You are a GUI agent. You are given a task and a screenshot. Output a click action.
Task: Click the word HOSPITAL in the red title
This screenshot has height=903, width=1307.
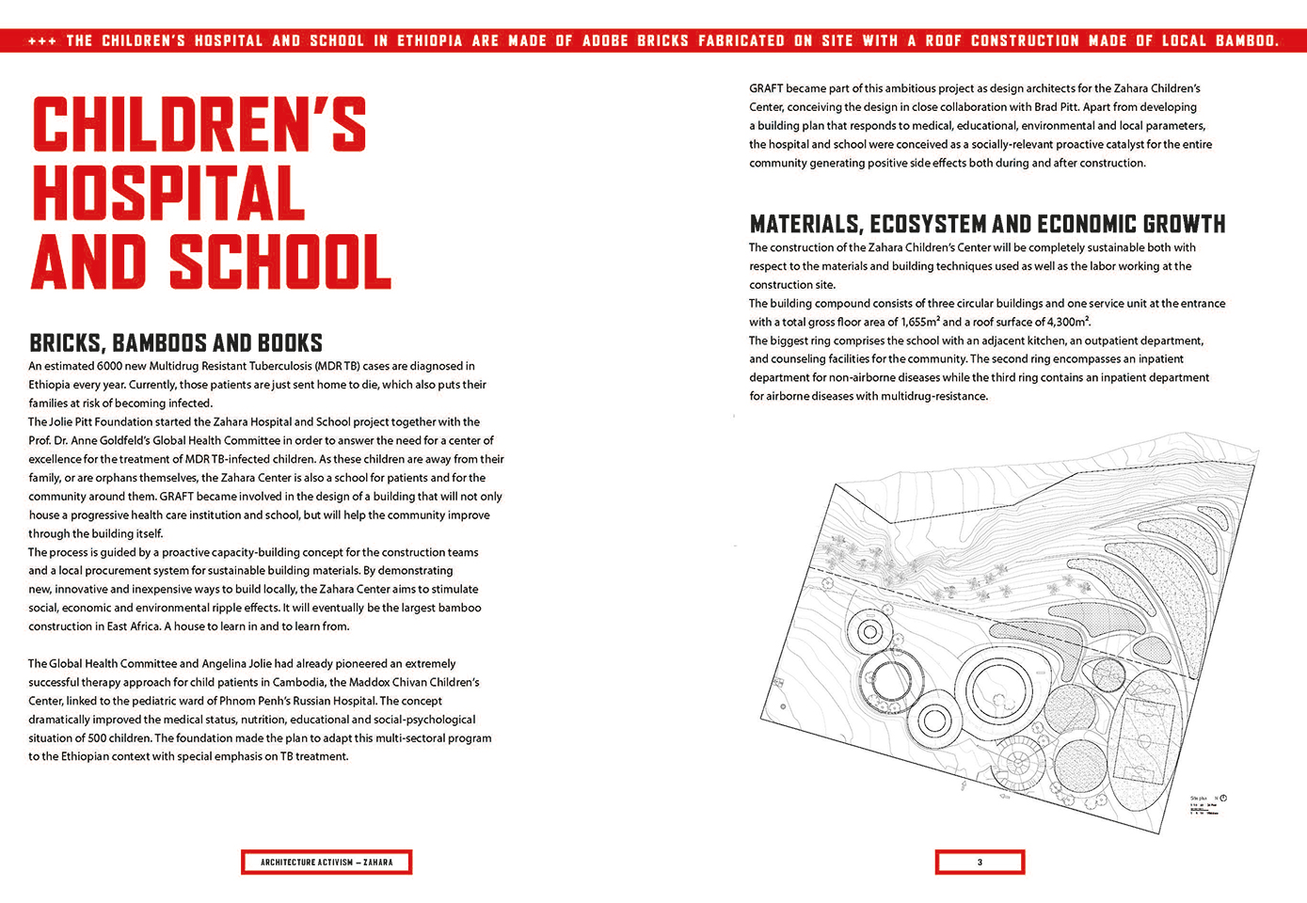(x=169, y=193)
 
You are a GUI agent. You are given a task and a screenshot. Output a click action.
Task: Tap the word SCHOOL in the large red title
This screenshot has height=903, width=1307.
(x=280, y=262)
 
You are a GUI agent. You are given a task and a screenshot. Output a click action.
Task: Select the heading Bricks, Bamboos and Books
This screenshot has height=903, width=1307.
(x=176, y=343)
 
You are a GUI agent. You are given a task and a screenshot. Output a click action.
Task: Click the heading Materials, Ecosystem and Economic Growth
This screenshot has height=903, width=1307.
(x=987, y=225)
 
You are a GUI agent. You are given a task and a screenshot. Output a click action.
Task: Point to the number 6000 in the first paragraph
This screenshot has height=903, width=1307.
(x=111, y=366)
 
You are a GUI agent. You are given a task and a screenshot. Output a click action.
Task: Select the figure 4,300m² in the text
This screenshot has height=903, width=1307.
(x=1063, y=322)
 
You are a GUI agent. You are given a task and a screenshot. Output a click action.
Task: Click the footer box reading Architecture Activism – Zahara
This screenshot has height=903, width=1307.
(x=327, y=863)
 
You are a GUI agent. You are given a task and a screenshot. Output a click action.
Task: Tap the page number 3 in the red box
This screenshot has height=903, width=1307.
(x=980, y=863)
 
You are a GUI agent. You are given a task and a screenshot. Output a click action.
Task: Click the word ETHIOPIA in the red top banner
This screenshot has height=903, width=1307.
(x=430, y=40)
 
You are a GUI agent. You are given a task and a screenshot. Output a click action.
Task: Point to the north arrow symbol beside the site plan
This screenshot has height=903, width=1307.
(x=1223, y=799)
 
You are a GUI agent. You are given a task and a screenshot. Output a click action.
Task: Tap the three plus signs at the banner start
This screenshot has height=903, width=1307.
(x=41, y=41)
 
